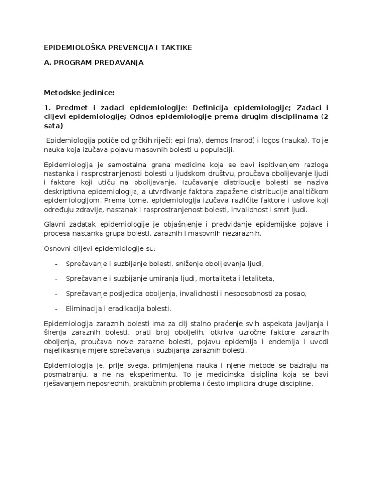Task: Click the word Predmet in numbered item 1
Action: pyautogui.click(x=69, y=107)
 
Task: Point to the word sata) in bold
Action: pyautogui.click(x=53, y=126)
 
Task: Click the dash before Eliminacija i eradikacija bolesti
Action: pyautogui.click(x=57, y=309)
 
